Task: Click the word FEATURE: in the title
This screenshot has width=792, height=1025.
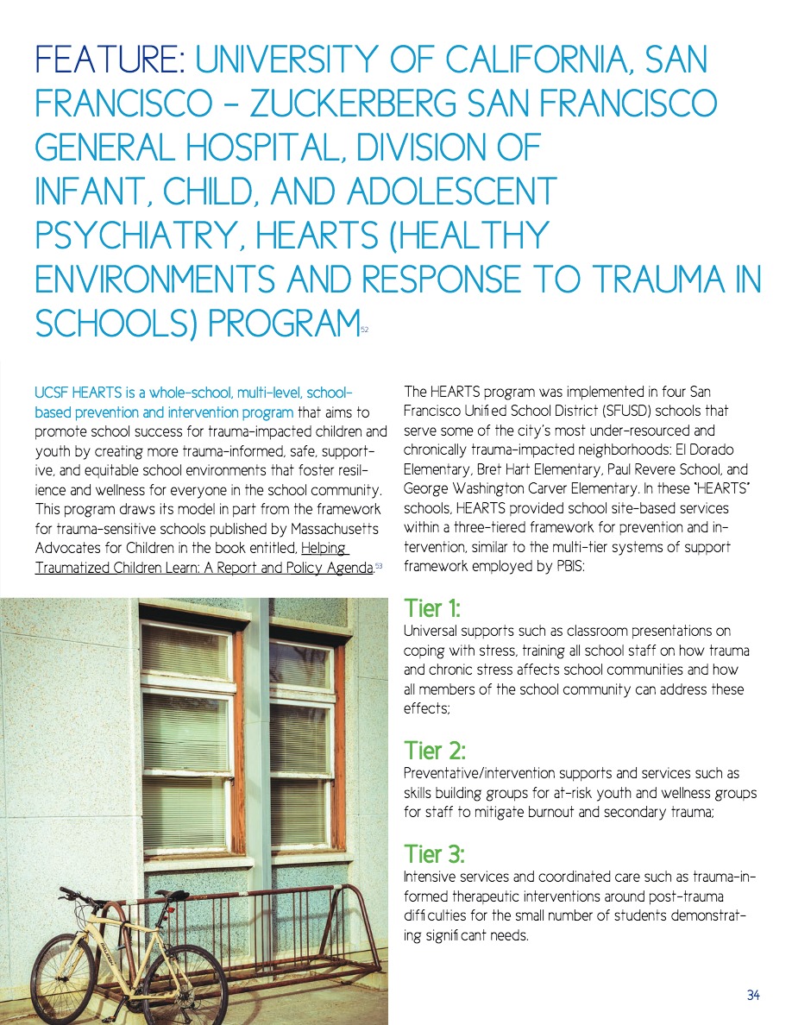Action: click(x=108, y=60)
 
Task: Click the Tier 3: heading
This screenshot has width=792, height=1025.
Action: click(x=434, y=855)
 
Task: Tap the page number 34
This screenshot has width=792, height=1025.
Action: click(x=753, y=996)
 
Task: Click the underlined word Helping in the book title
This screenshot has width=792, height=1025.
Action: click(x=324, y=549)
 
